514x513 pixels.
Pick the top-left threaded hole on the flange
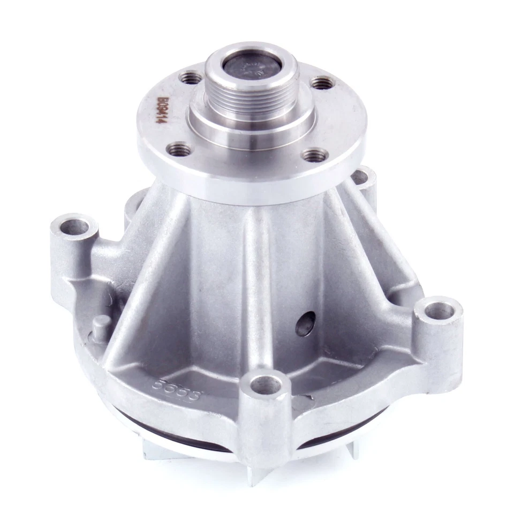click(190, 78)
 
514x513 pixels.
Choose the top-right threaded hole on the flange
click(323, 83)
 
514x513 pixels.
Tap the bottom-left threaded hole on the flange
click(179, 149)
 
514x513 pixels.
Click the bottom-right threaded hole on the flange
click(315, 155)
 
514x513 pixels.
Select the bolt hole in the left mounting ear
click(74, 227)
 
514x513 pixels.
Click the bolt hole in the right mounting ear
click(439, 311)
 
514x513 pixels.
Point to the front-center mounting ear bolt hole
click(266, 384)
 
